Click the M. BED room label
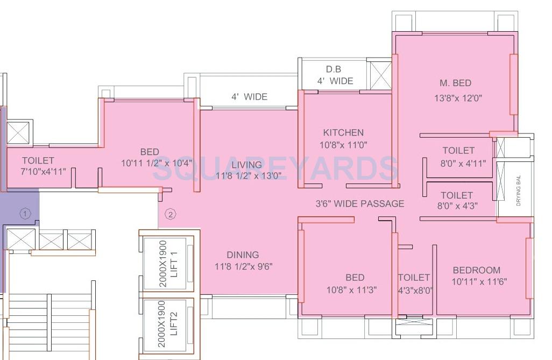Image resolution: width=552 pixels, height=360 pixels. pyautogui.click(x=455, y=83)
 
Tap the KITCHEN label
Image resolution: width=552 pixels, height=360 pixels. pyautogui.click(x=343, y=132)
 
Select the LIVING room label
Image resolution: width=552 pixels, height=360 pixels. pyautogui.click(x=246, y=165)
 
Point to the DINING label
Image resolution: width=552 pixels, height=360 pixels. pyautogui.click(x=243, y=255)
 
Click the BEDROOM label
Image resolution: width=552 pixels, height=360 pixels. pyautogui.click(x=476, y=270)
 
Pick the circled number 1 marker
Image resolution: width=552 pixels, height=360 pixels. pyautogui.click(x=25, y=214)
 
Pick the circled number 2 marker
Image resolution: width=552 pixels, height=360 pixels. pyautogui.click(x=170, y=214)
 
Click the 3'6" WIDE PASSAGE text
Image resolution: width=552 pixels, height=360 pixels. pyautogui.click(x=359, y=203)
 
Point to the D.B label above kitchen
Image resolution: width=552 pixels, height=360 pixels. pyautogui.click(x=334, y=69)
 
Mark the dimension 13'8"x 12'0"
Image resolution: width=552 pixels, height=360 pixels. pyautogui.click(x=458, y=98)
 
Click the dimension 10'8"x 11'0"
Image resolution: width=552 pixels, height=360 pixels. pyautogui.click(x=343, y=145)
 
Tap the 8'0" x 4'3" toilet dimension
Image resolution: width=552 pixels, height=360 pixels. pyautogui.click(x=456, y=206)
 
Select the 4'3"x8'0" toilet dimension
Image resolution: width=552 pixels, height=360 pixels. pyautogui.click(x=415, y=290)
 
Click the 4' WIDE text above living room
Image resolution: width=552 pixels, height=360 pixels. pyautogui.click(x=249, y=97)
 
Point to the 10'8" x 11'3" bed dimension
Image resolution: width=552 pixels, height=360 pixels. pyautogui.click(x=352, y=290)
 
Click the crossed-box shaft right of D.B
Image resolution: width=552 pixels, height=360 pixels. pyautogui.click(x=380, y=74)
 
